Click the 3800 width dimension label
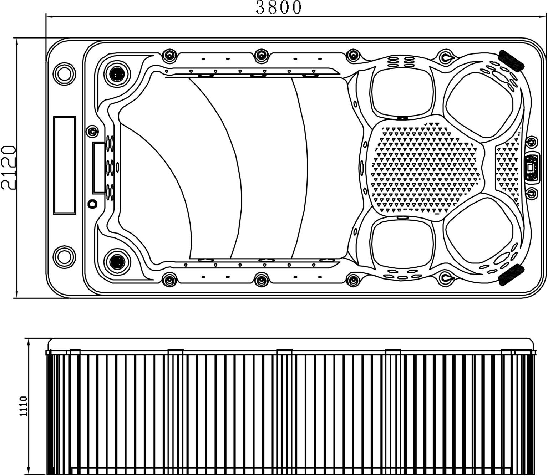point(279,7)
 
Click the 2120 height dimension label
point(8,168)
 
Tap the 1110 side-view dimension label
point(24,406)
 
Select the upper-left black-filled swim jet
point(117,73)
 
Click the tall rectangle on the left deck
point(65,165)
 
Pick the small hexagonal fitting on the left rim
point(92,204)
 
